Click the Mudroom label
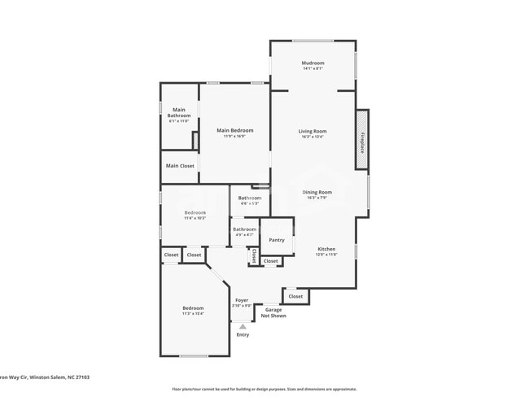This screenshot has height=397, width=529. pyautogui.click(x=313, y=63)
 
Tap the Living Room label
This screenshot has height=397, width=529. pyautogui.click(x=313, y=131)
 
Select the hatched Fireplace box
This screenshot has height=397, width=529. pyautogui.click(x=361, y=140)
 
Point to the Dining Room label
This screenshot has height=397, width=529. pyautogui.click(x=317, y=193)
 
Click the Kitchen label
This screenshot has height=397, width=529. pyautogui.click(x=326, y=250)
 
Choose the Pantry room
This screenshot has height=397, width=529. pyautogui.click(x=277, y=240)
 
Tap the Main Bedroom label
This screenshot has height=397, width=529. pyautogui.click(x=234, y=131)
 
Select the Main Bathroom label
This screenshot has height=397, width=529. pyautogui.click(x=179, y=113)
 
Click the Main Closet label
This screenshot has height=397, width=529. pyautogui.click(x=180, y=166)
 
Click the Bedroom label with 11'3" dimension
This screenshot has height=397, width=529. pyautogui.click(x=193, y=308)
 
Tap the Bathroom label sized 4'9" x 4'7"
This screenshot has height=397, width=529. pyautogui.click(x=244, y=230)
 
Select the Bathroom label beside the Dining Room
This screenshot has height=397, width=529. pyautogui.click(x=250, y=198)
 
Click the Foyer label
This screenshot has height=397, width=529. pyautogui.click(x=243, y=301)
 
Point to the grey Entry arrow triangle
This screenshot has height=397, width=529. pyautogui.click(x=243, y=326)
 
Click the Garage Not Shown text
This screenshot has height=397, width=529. pyautogui.click(x=273, y=312)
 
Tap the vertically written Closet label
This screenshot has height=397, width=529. pyautogui.click(x=254, y=256)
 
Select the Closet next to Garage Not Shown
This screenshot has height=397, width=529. pyautogui.click(x=295, y=296)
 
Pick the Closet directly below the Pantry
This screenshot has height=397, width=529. pyautogui.click(x=270, y=261)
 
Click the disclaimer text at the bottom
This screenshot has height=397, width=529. pyautogui.click(x=264, y=389)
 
